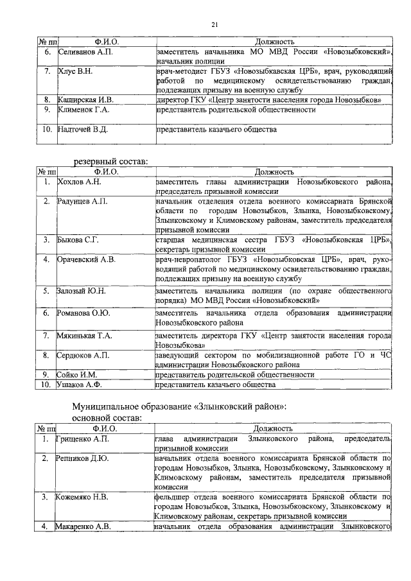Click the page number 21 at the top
coord(215,24)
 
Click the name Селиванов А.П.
coord(84,51)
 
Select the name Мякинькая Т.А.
coord(84,335)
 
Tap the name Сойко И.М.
coord(76,374)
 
